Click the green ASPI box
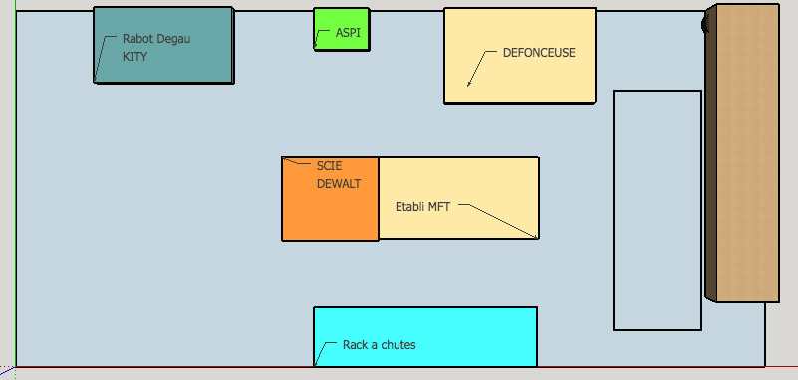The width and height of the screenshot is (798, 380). [342, 29]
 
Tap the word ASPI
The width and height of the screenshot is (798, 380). [348, 33]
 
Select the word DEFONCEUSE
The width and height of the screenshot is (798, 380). [539, 53]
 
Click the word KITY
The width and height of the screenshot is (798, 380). [134, 57]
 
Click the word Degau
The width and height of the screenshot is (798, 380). [173, 39]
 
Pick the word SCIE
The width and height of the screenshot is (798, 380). [330, 166]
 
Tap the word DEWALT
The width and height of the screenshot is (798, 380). [339, 184]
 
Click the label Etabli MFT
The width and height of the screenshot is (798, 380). [423, 207]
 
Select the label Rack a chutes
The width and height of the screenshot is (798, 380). [380, 345]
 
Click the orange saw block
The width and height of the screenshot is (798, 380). [331, 199]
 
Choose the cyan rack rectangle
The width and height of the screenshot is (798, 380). [425, 336]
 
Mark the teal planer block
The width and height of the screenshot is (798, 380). [163, 45]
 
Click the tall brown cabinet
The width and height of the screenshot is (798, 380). [742, 153]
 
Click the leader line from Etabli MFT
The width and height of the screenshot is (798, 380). [501, 220]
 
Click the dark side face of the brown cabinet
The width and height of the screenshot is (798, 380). [710, 153]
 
